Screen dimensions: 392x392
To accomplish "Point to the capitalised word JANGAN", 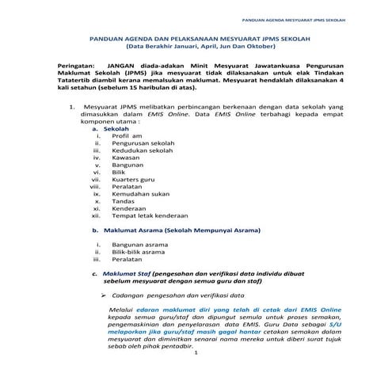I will pos(119,67).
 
